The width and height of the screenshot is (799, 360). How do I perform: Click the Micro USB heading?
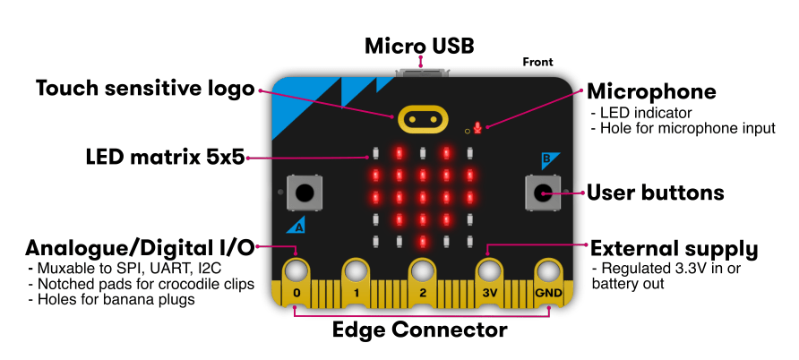pyautogui.click(x=419, y=45)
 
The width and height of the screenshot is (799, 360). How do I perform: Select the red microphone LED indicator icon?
pyautogui.click(x=478, y=128)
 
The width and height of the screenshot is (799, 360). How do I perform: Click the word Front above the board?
pyautogui.click(x=537, y=63)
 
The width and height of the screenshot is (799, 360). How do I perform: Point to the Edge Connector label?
pyautogui.click(x=419, y=330)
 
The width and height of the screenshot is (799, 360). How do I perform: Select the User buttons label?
pyautogui.click(x=655, y=192)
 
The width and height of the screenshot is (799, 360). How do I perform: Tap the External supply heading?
pyautogui.click(x=674, y=249)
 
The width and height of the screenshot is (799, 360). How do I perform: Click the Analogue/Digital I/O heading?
pyautogui.click(x=140, y=247)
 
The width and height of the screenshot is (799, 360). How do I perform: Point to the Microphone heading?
pyautogui.click(x=651, y=91)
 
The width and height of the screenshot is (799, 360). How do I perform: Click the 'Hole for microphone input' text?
pyautogui.click(x=685, y=128)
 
